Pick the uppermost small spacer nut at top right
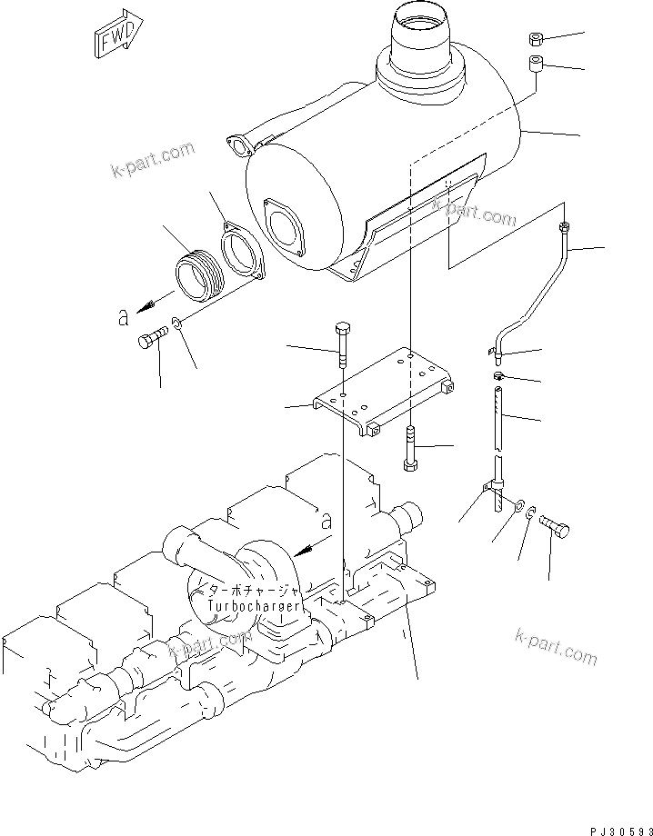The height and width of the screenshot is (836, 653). point(537,40)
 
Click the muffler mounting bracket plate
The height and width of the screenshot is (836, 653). point(382,391)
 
